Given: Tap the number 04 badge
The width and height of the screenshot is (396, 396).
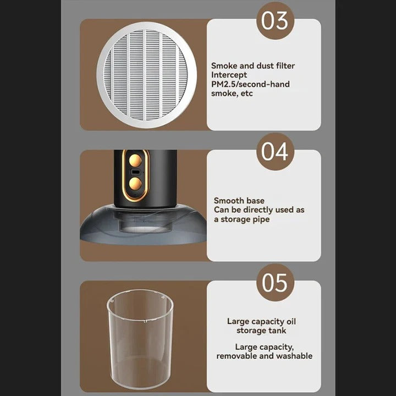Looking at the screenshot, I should pos(275,151).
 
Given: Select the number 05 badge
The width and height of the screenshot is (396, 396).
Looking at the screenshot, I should pos(275,282).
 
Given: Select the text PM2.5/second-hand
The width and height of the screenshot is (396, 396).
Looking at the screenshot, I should pos(250,84).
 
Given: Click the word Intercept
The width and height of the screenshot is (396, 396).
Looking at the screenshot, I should pos(229,75).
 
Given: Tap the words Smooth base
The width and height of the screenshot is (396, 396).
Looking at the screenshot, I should pos(239,201).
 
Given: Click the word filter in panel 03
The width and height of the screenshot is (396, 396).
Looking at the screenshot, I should pos(284,65).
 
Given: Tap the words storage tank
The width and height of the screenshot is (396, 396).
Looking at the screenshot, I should pos(262,331).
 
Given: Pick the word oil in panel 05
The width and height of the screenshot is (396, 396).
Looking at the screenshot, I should pos(291,321).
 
